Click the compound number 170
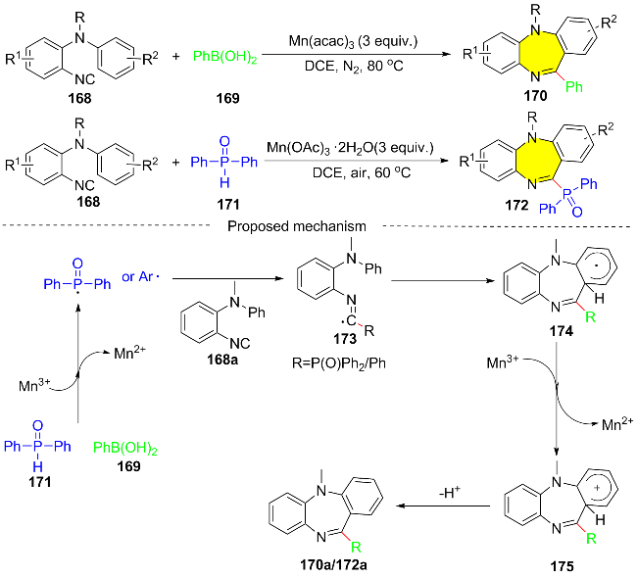(535, 96)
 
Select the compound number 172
(516, 205)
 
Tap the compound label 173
(345, 338)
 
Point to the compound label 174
(562, 331)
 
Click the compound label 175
(563, 566)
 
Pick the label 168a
(222, 360)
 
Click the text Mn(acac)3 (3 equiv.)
(353, 41)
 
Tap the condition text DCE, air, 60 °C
(362, 173)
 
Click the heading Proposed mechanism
(297, 226)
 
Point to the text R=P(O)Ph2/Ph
(339, 362)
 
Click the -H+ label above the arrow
(450, 493)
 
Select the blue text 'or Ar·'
(140, 276)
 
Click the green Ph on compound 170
(574, 86)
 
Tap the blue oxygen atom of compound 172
(577, 212)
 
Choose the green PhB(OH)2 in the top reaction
(225, 57)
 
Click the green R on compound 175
(591, 539)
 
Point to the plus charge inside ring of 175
(597, 488)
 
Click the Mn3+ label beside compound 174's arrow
(503, 361)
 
